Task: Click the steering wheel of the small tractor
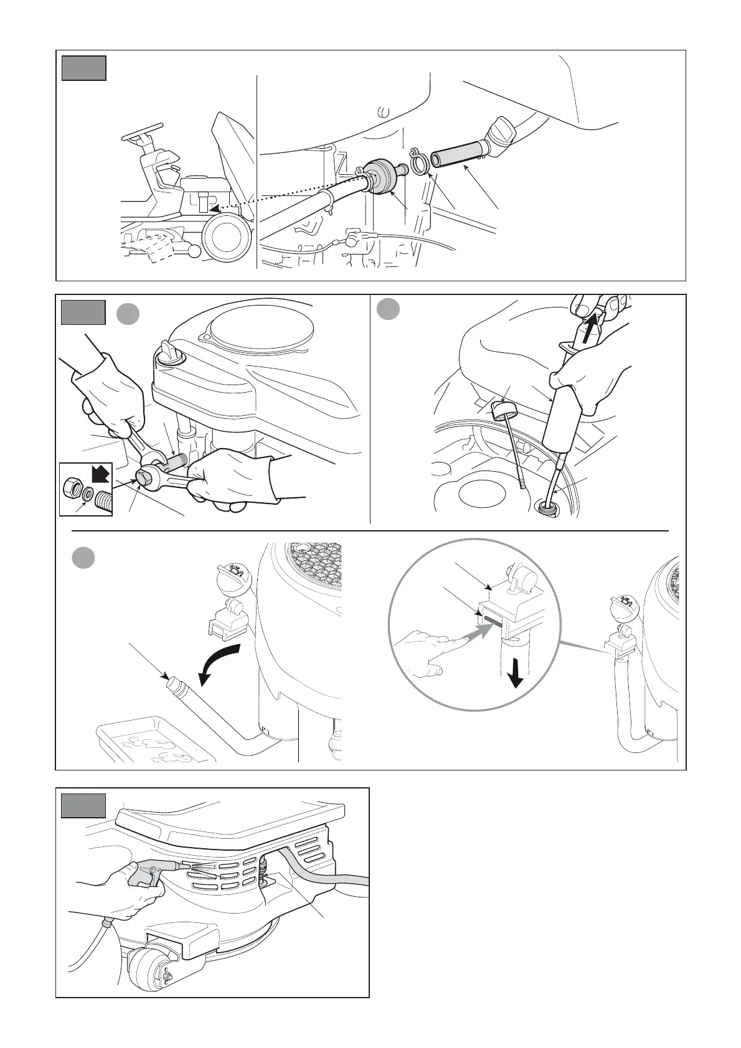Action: tap(138, 135)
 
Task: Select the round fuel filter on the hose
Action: tap(382, 175)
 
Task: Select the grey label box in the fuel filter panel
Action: tap(83, 68)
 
